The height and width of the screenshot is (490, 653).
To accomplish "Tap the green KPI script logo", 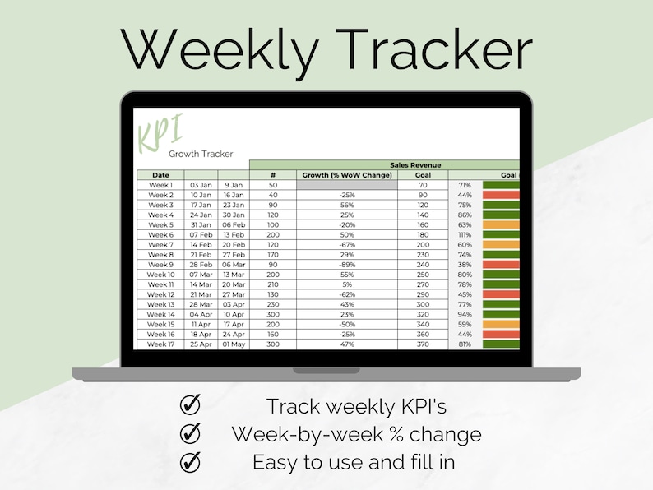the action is click(160, 133).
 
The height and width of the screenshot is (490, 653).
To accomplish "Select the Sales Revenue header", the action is click(415, 165).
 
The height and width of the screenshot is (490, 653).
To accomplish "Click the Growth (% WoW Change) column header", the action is click(347, 175).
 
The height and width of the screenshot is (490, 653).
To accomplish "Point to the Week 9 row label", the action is click(160, 265).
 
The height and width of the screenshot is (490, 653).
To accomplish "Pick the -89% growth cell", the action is click(347, 265).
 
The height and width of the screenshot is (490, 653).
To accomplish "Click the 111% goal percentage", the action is click(465, 235).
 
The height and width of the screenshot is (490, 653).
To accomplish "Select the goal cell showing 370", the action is click(423, 344).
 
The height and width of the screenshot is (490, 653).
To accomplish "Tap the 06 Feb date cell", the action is click(234, 224).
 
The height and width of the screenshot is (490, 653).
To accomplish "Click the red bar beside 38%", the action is click(501, 265).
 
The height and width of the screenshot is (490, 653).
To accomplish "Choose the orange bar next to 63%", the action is click(501, 224).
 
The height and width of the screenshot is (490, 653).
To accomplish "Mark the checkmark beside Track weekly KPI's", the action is click(190, 404).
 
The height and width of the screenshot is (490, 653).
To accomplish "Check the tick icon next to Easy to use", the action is click(190, 462).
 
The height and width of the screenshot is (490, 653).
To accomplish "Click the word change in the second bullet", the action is click(446, 434).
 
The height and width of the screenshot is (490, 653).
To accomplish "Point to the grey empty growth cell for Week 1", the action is click(347, 185).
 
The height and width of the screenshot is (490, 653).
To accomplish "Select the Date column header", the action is click(160, 175).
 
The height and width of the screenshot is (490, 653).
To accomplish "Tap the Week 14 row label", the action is click(160, 314).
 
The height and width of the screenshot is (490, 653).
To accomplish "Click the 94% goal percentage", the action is click(465, 314).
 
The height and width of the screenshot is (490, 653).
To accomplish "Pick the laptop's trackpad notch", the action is click(326, 371).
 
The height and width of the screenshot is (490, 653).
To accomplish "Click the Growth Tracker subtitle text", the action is click(201, 154).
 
